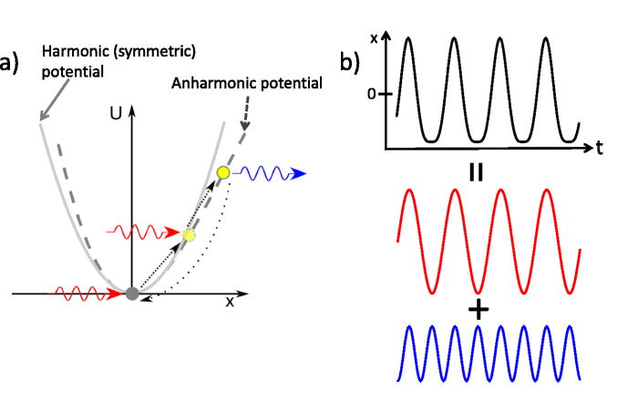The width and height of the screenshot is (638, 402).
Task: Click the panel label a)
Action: [x=11, y=65]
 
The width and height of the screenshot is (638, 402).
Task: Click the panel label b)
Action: [x=350, y=63]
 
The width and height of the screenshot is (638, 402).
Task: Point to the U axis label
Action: [x=113, y=115]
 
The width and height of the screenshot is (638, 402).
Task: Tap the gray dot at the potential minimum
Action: [x=132, y=294]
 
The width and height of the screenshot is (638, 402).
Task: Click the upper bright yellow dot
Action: [x=222, y=172]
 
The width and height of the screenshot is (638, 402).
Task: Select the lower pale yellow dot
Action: [x=189, y=235]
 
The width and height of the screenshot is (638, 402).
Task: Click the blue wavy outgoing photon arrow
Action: [x=270, y=172]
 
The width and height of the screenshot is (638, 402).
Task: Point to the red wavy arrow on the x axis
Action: [x=87, y=294]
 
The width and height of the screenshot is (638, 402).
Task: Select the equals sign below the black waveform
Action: [x=475, y=172]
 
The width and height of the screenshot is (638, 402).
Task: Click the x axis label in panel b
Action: [x=375, y=37]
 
